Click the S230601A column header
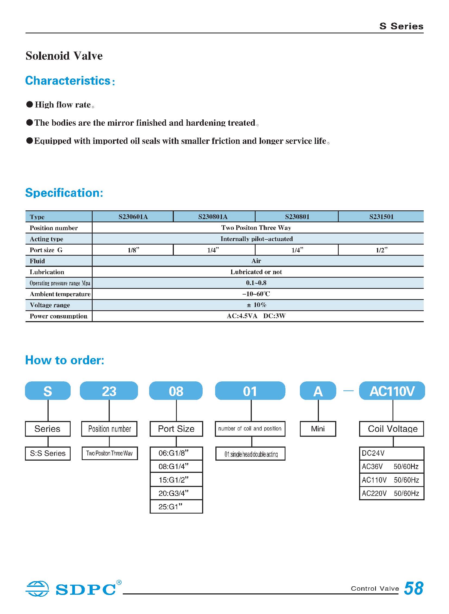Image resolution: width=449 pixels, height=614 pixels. (x=133, y=217)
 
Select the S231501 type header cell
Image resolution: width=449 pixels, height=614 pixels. (x=381, y=217)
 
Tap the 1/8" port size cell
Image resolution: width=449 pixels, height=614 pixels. (x=133, y=250)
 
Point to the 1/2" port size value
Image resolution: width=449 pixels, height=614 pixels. (x=381, y=250)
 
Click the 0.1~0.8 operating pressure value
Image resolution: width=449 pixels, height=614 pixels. (x=256, y=283)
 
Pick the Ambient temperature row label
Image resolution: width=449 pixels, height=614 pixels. (x=60, y=294)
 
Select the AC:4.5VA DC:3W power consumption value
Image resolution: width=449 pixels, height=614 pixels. (x=256, y=316)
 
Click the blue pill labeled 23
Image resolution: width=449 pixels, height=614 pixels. (x=109, y=391)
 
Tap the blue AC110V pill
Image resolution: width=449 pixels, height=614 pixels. (x=392, y=391)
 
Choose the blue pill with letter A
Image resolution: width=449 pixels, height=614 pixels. (x=318, y=391)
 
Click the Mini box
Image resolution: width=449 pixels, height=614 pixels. (x=318, y=429)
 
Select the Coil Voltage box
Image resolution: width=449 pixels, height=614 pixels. (x=391, y=429)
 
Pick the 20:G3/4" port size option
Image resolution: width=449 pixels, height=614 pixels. (x=176, y=493)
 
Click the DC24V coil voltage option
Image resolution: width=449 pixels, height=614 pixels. (x=391, y=453)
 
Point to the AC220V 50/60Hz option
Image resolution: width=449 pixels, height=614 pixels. (x=391, y=493)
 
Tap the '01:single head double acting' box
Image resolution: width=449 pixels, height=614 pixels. (x=250, y=454)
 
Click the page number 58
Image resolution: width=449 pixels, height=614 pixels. (x=413, y=588)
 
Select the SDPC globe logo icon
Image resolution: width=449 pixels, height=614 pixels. (x=37, y=588)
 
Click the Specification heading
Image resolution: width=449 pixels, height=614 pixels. (x=64, y=193)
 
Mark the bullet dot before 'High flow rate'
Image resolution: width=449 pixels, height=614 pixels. (x=30, y=105)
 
